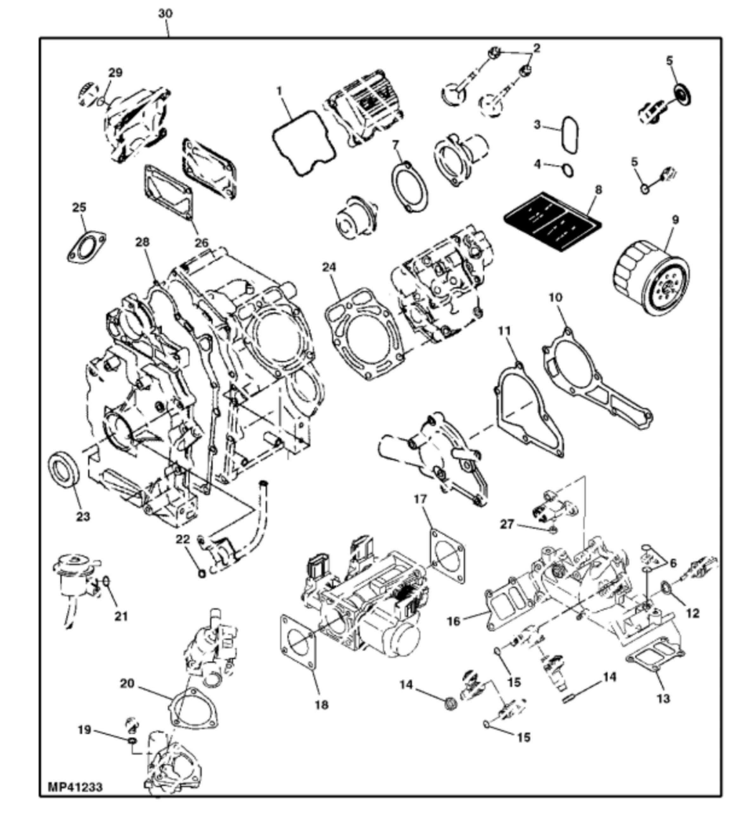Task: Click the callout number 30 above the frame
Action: (165, 14)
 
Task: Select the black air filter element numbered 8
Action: (553, 222)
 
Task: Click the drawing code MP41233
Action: (75, 787)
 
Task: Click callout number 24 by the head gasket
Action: (329, 268)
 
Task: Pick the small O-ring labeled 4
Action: (567, 170)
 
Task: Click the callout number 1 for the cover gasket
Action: (279, 90)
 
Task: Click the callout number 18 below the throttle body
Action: (322, 705)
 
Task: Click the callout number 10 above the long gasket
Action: (555, 297)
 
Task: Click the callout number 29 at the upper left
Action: (115, 73)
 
